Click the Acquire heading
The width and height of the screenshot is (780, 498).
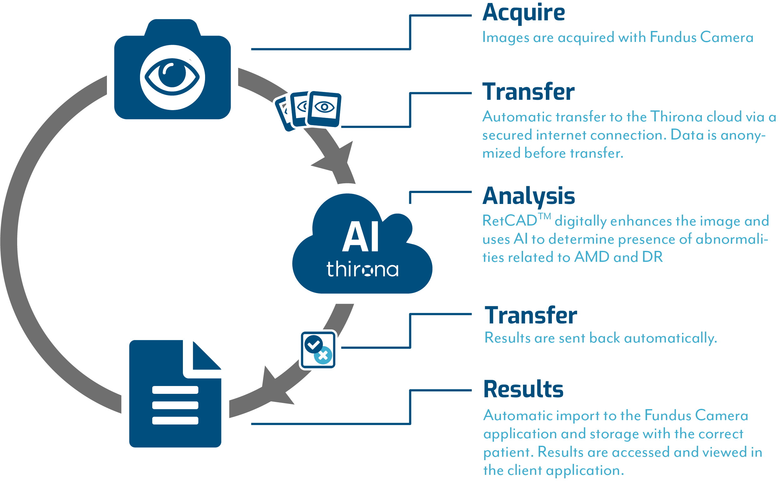(523, 13)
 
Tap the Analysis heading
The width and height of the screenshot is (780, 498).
(529, 196)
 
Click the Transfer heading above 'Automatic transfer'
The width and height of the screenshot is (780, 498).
(528, 92)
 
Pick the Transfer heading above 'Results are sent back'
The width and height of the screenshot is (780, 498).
(531, 315)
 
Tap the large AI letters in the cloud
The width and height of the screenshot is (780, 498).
(360, 237)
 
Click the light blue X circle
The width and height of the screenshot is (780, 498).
(323, 356)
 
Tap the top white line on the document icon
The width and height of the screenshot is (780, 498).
(175, 390)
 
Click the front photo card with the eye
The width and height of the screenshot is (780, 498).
(325, 109)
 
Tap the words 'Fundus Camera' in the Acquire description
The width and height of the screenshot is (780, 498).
(701, 38)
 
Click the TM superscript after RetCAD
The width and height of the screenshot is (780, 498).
(544, 216)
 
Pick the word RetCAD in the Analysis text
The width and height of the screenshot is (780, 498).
(510, 221)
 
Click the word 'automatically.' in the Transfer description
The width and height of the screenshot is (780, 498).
(670, 338)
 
